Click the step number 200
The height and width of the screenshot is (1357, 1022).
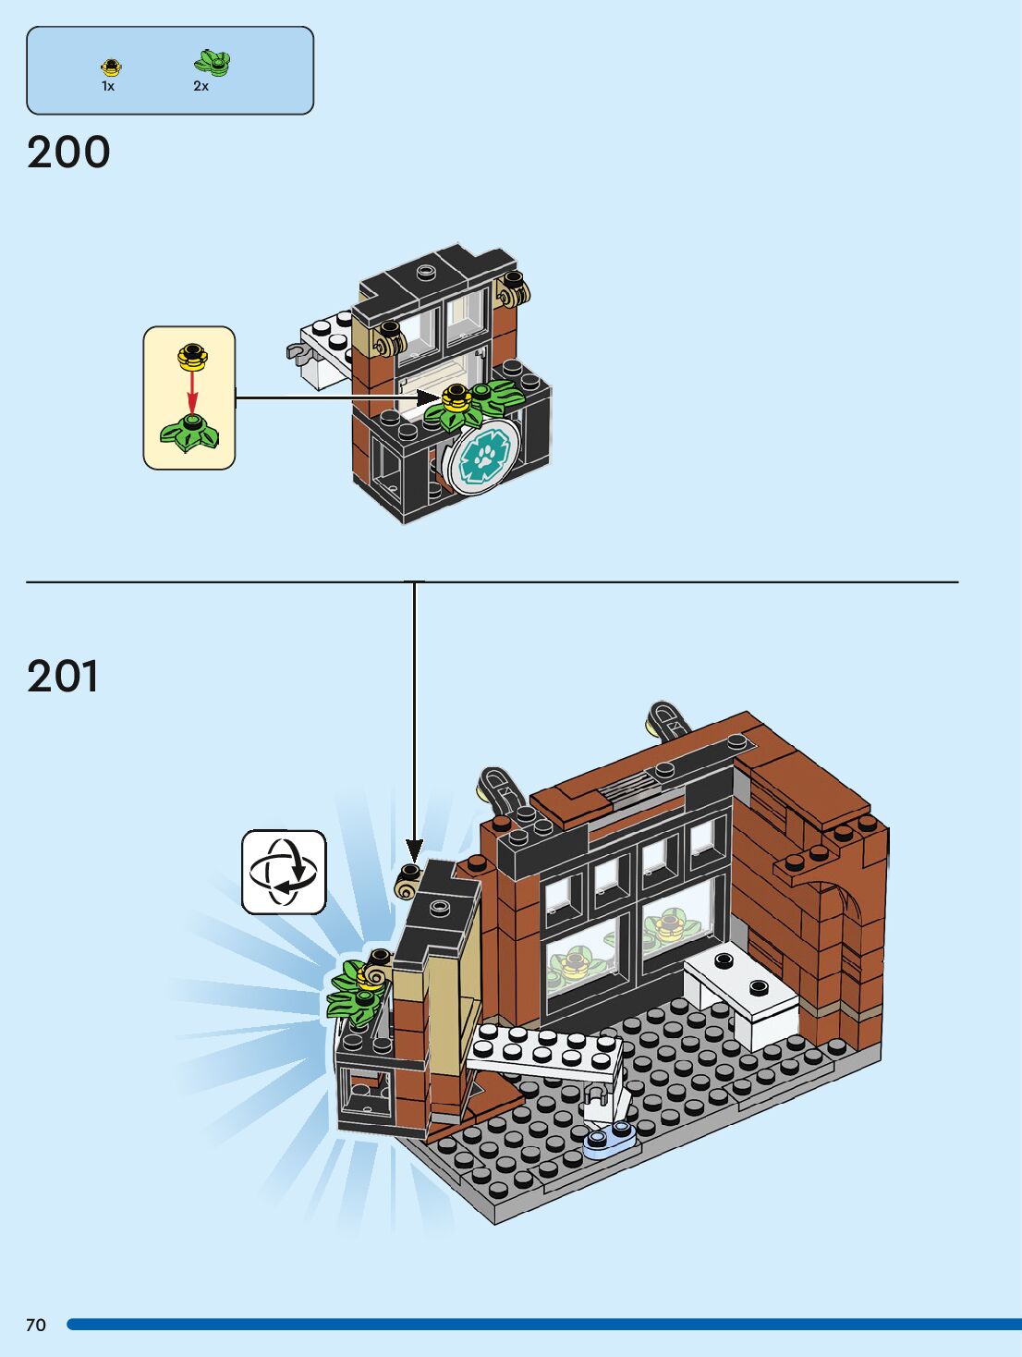click(x=68, y=153)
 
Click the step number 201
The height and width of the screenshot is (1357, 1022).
click(x=63, y=677)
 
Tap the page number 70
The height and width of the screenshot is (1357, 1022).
click(x=35, y=1325)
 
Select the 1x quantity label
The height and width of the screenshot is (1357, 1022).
click(x=108, y=86)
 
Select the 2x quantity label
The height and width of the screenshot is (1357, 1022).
click(x=201, y=86)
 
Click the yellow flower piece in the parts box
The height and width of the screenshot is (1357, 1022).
click(x=111, y=67)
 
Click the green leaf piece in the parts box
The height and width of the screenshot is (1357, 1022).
click(x=213, y=63)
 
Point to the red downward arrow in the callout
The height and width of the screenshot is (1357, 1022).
click(x=191, y=392)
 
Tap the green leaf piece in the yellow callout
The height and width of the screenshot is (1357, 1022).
click(x=190, y=434)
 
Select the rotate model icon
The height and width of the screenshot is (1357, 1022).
click(x=284, y=872)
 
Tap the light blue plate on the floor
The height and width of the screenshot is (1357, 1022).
click(x=610, y=1139)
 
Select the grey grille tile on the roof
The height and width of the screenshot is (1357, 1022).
click(x=628, y=787)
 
